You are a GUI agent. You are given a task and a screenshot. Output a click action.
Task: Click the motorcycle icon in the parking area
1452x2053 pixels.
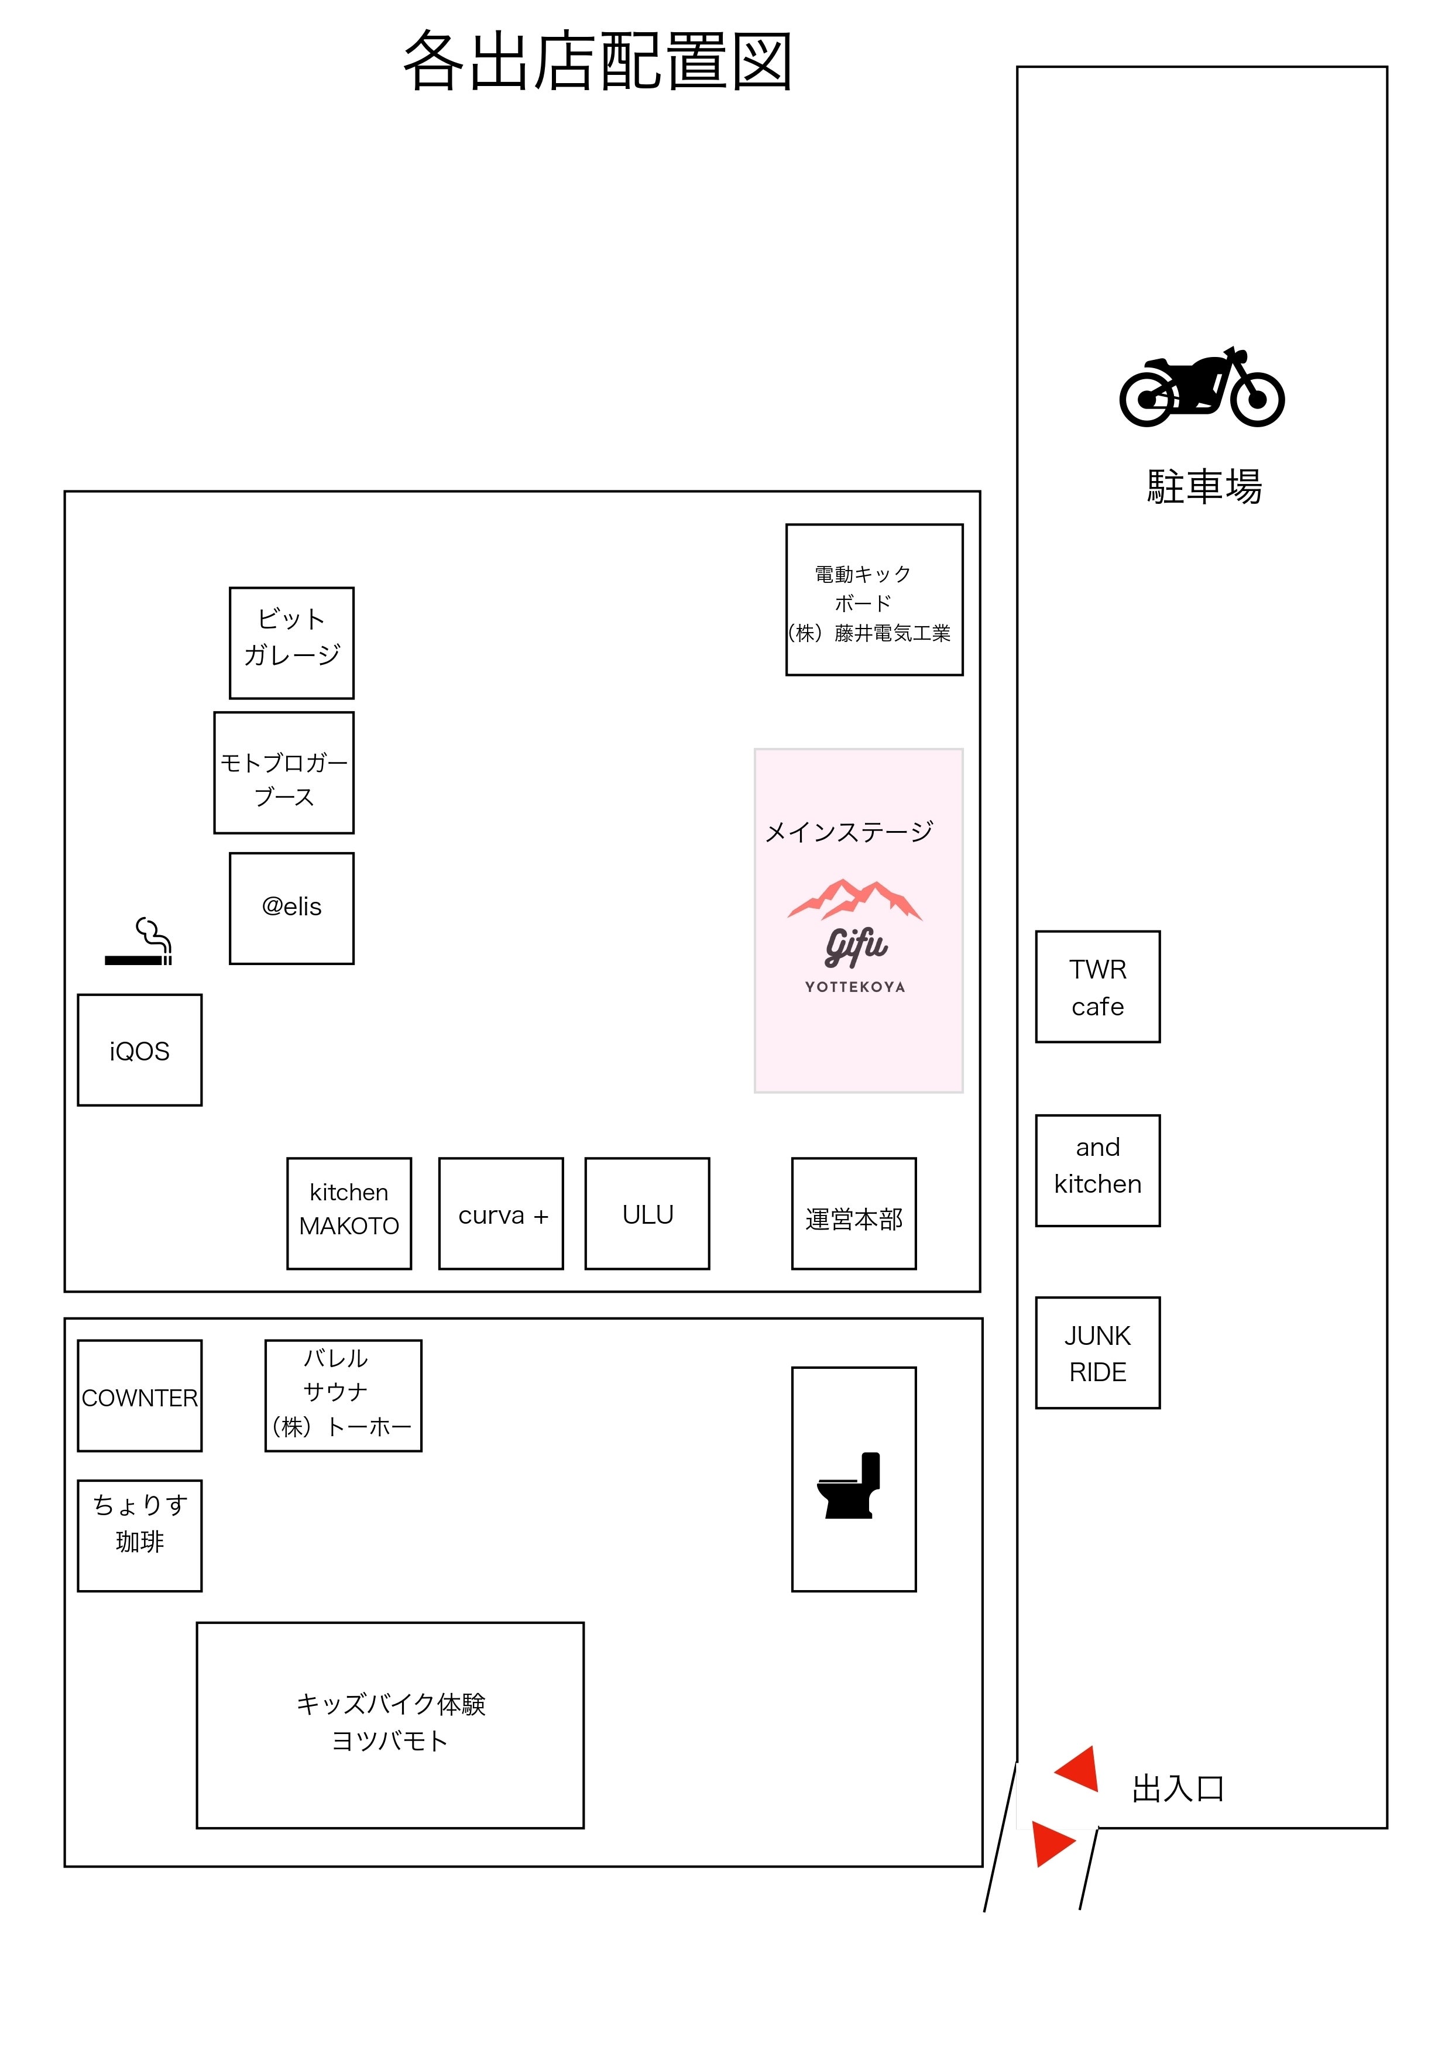coord(1202,387)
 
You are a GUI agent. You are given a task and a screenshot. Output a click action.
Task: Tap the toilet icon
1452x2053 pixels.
coord(849,1485)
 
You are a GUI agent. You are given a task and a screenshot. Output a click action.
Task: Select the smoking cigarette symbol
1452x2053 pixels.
coord(139,942)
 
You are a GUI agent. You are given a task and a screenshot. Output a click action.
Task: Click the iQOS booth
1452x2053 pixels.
coord(139,1050)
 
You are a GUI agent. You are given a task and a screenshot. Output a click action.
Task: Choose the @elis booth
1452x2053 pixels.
coord(291,908)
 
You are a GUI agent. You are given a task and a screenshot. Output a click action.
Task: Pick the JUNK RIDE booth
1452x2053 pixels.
coord(1098,1353)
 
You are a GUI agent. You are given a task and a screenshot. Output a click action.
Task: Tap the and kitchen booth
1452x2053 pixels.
coord(1098,1170)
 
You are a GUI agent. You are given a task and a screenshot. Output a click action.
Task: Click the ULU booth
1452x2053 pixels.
coord(647,1213)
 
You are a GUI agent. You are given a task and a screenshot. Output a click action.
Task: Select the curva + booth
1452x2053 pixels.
coord(501,1213)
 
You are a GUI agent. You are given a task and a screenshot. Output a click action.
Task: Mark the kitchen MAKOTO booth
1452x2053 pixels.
coord(349,1213)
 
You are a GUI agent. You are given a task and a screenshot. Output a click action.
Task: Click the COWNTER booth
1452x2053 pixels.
coord(139,1396)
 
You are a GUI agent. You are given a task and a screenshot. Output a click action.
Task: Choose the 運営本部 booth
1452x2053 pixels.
coord(854,1213)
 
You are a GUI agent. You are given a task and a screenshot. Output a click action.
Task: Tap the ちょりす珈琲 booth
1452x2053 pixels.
coord(139,1535)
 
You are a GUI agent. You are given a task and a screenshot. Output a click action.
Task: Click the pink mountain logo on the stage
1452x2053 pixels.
coord(854,900)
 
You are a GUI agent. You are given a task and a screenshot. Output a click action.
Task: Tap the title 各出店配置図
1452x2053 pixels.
coord(598,61)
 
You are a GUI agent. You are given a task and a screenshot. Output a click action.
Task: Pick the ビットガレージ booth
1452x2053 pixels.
coord(291,643)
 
